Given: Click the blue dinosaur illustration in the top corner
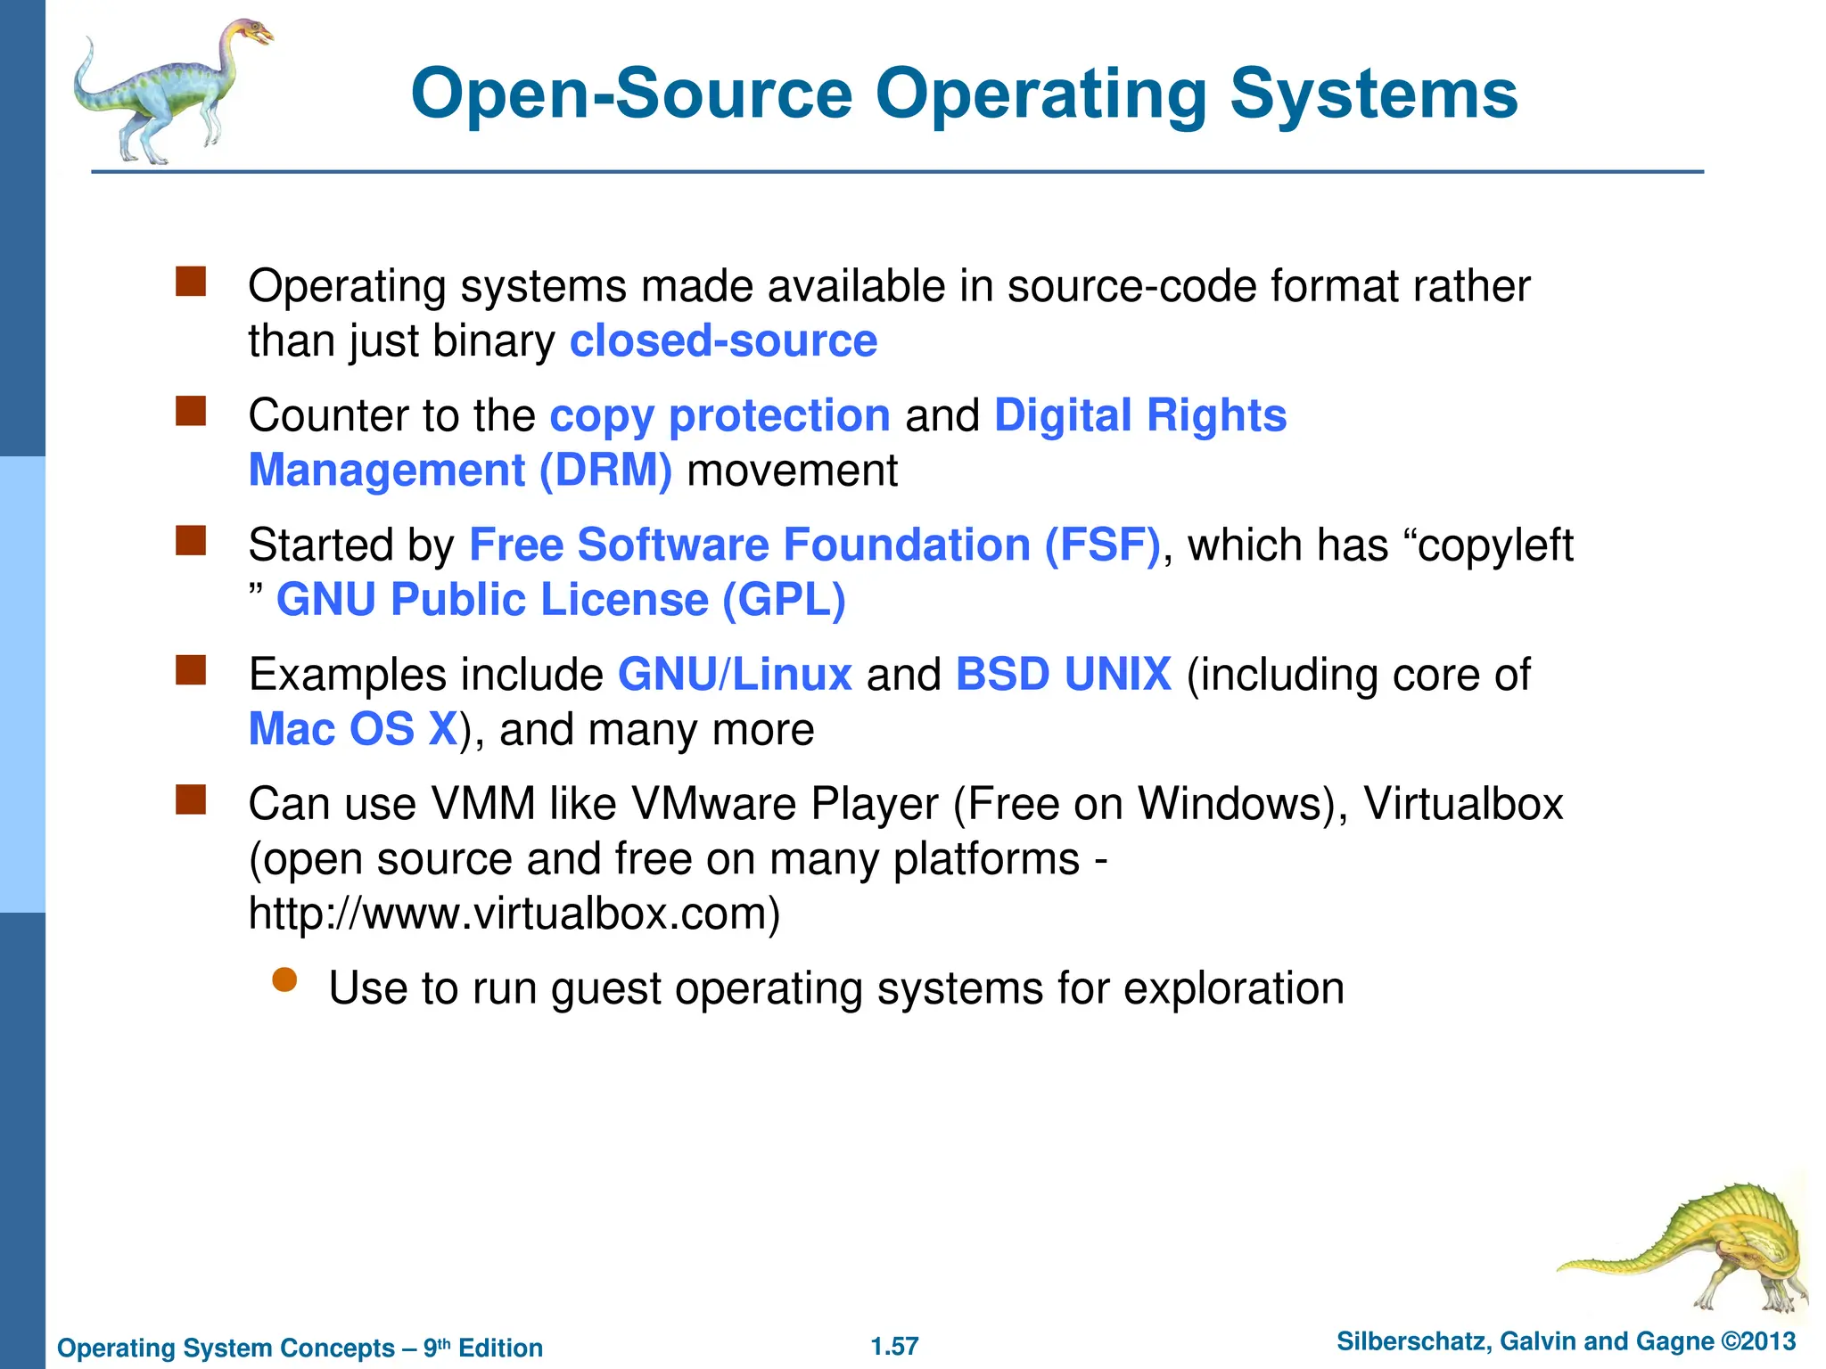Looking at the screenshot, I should coord(169,89).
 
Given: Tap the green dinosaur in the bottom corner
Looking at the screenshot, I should coord(1694,1248).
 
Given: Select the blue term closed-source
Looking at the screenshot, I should coord(723,341).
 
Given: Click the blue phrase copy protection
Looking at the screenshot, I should coord(720,416).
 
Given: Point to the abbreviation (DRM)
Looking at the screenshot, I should coord(605,471).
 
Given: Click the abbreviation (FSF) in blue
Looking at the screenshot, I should coord(1102,545).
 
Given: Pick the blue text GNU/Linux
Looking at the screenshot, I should coord(735,675).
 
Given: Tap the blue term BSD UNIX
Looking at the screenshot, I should coord(1063,675).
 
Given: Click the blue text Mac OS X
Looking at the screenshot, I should coord(353,729).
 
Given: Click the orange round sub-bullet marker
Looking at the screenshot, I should coord(284,980).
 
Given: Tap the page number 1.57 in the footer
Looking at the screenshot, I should coord(894,1346).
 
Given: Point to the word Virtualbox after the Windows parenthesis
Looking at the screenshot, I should coord(1463,804).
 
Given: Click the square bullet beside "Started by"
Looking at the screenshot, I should coord(191,540).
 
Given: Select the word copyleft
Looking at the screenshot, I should coord(1495,545).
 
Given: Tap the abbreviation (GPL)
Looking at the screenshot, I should coord(784,600).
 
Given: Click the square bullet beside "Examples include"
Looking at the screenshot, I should coord(191,669).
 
